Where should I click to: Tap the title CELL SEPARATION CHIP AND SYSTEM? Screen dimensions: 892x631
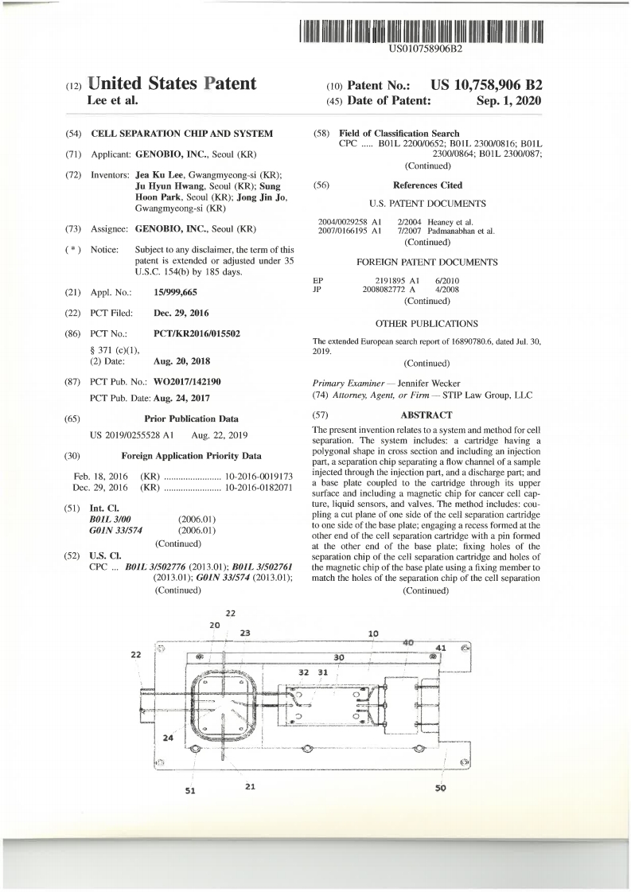pos(182,133)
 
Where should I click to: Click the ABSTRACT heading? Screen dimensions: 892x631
pos(427,415)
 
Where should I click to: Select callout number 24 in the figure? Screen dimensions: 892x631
pos(168,738)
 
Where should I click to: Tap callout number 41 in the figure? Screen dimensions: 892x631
pos(440,648)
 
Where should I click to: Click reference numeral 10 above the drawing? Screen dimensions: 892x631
pos(373,633)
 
